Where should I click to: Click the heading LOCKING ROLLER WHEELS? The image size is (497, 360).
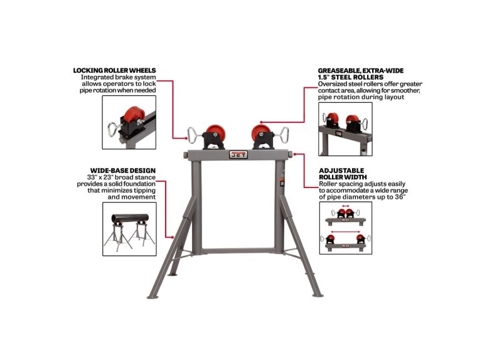click(x=114, y=70)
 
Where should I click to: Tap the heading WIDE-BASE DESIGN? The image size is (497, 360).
click(x=123, y=171)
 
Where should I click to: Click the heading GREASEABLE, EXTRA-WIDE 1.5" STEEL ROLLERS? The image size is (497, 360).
click(x=360, y=73)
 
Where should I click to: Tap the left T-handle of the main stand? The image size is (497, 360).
click(x=193, y=133)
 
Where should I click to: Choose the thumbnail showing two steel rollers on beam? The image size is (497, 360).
click(x=345, y=129)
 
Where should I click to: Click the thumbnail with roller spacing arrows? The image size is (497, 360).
click(x=345, y=228)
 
